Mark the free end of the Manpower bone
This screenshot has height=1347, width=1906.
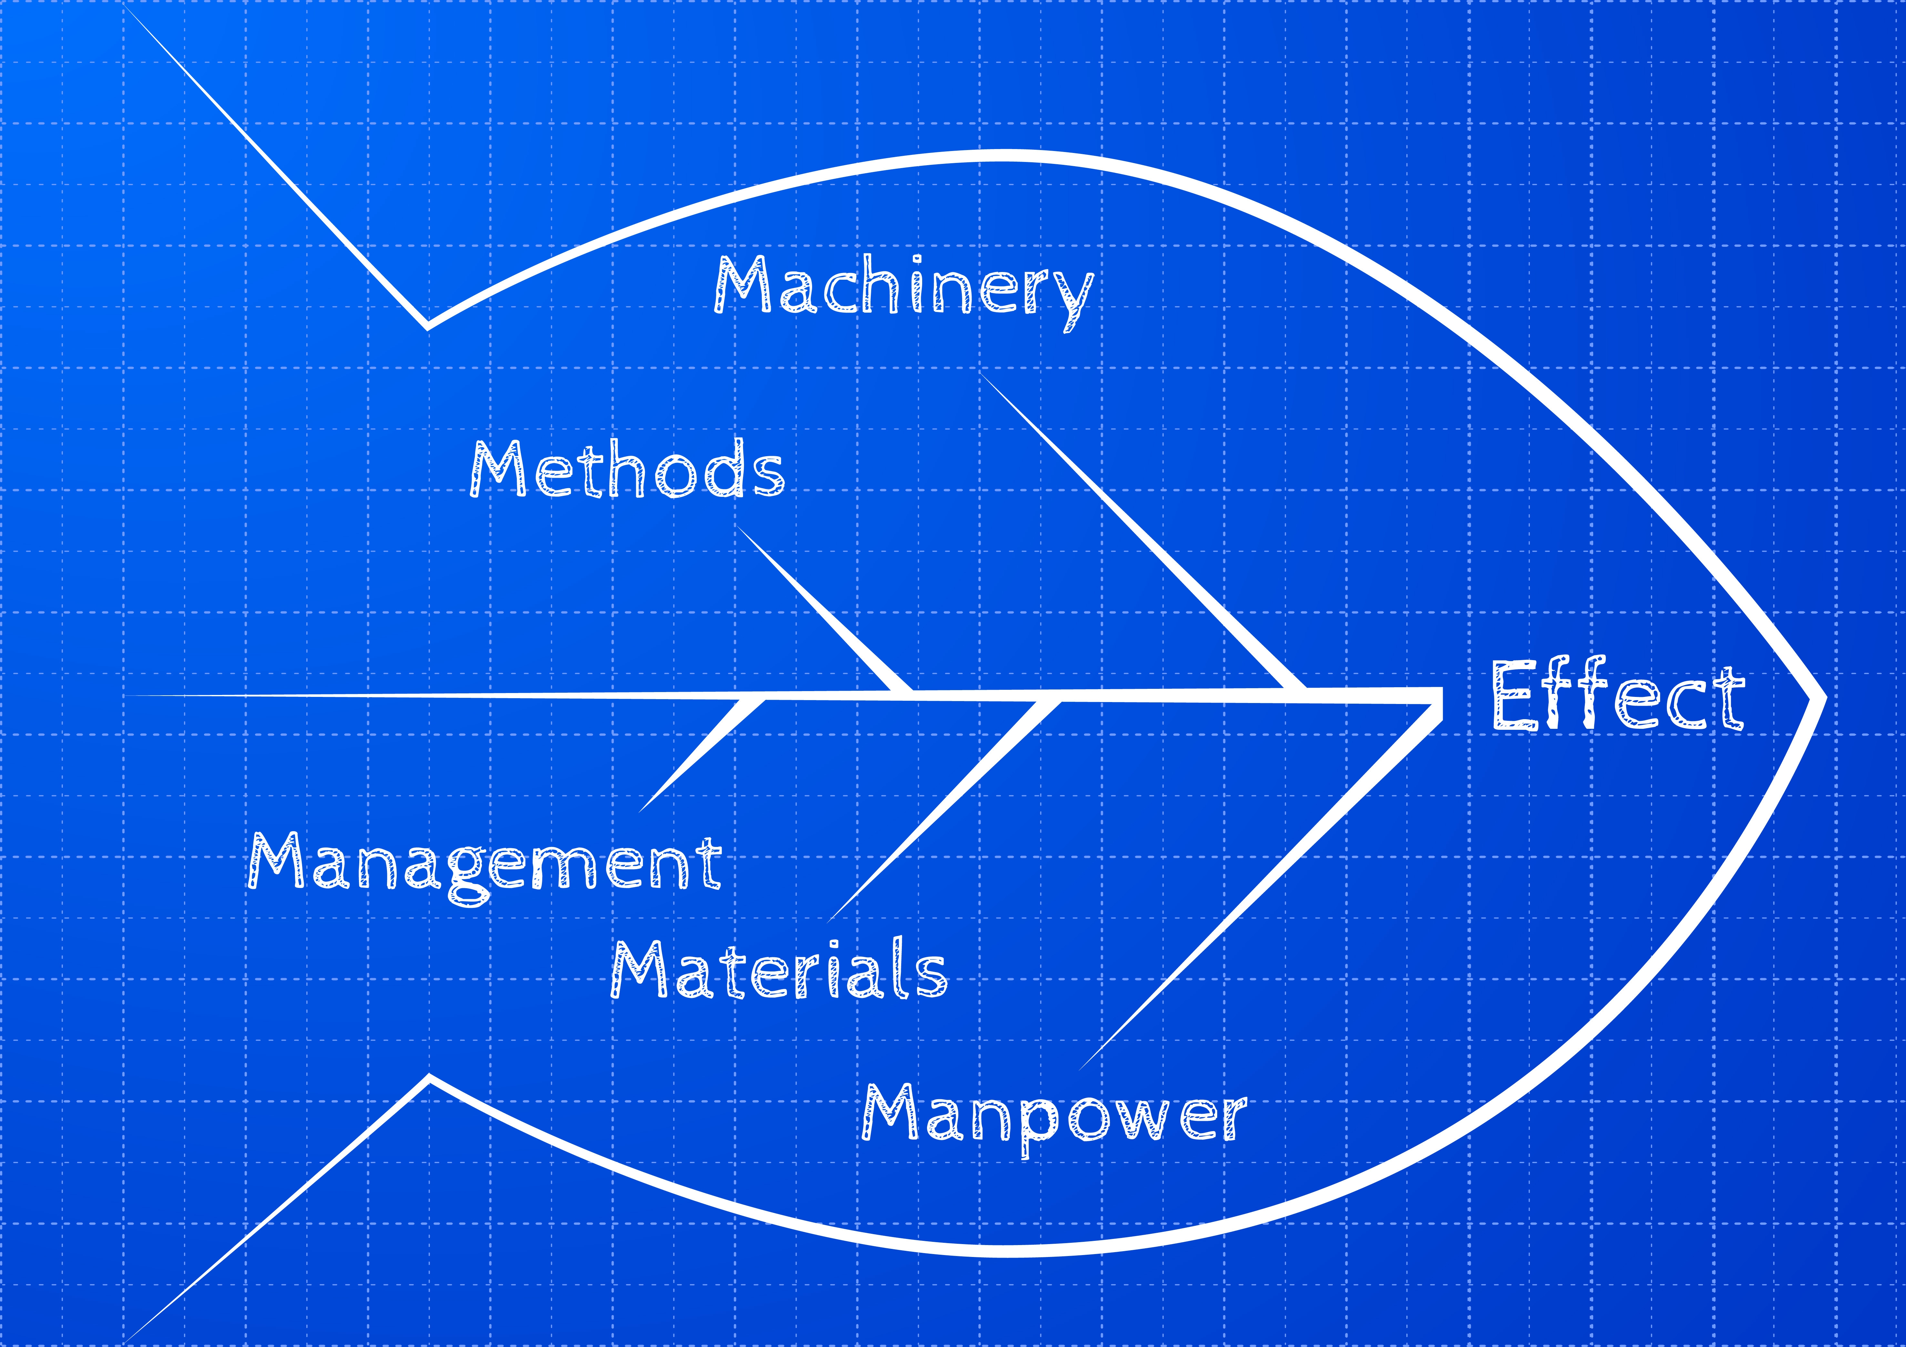point(1081,1068)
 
